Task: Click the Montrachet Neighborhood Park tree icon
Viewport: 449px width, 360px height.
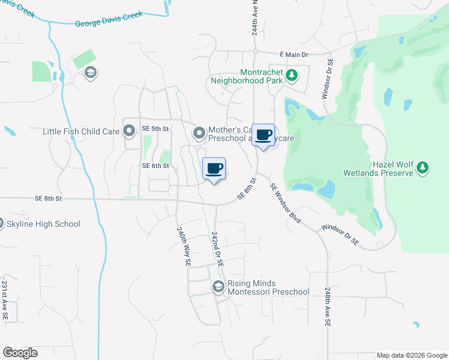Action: tap(292, 75)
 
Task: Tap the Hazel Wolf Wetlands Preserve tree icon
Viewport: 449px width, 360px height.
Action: tap(423, 167)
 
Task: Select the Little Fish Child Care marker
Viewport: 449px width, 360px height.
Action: tap(129, 131)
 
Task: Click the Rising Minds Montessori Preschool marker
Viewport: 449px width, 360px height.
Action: tap(218, 287)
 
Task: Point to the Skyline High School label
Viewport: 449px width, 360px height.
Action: tap(43, 224)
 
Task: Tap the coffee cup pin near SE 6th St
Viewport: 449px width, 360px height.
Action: tap(214, 169)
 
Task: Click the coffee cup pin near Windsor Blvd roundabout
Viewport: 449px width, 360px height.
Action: tap(263, 135)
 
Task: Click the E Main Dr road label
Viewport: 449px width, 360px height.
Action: tap(294, 55)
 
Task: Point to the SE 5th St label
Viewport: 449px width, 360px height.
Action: tap(156, 129)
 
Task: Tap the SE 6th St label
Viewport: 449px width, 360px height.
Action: tap(155, 166)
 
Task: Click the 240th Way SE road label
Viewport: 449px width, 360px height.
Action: tap(183, 246)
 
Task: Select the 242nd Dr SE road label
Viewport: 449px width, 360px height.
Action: tap(217, 250)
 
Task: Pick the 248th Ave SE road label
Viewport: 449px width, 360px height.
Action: tap(328, 306)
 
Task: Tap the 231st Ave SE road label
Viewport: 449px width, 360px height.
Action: tap(5, 299)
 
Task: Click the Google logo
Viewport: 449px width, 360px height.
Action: tap(20, 353)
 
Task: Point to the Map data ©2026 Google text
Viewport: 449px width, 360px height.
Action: tap(411, 355)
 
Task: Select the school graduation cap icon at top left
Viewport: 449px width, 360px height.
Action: tap(90, 73)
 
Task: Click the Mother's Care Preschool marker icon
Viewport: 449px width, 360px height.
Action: tap(198, 132)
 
